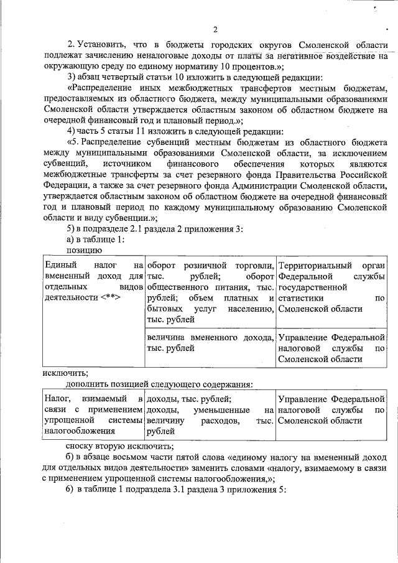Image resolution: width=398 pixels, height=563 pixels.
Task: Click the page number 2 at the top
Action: pos(215,29)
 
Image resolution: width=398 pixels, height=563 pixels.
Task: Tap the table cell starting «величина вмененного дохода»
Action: pos(210,348)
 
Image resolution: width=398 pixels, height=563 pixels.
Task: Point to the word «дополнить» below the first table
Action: pos(87,385)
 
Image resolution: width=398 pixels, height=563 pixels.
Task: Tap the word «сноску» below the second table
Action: pos(81,445)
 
